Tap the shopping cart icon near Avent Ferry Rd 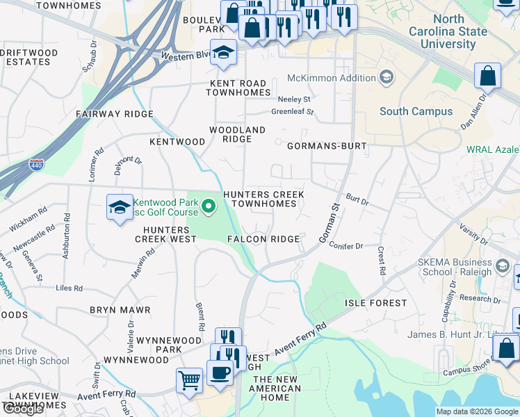click(189, 380)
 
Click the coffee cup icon click(220, 371)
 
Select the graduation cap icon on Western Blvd click(224, 52)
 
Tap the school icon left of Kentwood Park click(120, 206)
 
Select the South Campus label click(416, 111)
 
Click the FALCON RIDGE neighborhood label click(263, 239)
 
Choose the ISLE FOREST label click(376, 303)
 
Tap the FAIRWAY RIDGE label click(108, 113)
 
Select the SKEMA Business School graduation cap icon click(502, 266)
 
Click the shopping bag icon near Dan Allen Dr click(488, 76)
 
